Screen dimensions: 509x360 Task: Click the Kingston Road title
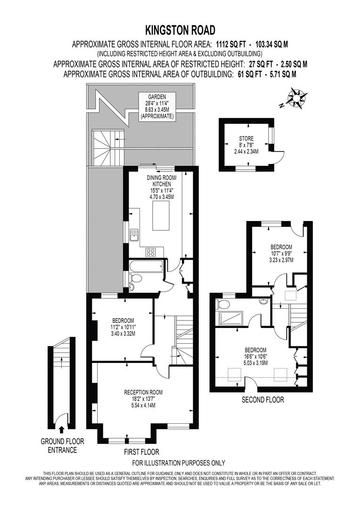coord(180,31)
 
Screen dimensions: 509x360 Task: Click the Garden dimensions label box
coord(156,106)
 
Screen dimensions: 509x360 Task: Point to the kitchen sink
coord(134,234)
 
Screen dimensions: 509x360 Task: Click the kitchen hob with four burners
coord(151,252)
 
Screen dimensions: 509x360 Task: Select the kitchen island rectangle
coord(162,217)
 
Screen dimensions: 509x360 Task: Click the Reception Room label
coord(143,398)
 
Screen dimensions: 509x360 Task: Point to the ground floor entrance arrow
coord(61,428)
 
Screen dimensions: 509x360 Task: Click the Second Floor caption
coord(262,400)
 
